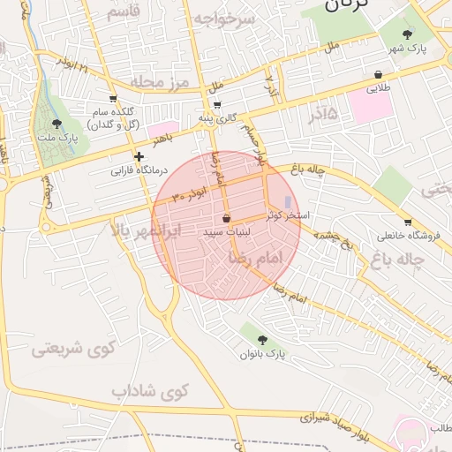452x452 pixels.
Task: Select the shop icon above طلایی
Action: click(378, 75)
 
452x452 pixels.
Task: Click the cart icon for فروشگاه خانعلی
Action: click(407, 222)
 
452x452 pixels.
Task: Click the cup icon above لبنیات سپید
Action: click(227, 217)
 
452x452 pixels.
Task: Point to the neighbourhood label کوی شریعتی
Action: click(74, 349)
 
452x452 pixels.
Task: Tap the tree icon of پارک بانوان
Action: click(262, 339)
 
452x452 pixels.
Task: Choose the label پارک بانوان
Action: click(262, 354)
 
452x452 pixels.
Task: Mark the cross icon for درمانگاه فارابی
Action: click(139, 156)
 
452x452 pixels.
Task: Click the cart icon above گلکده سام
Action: click(112, 98)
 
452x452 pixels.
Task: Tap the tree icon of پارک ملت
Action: click(57, 124)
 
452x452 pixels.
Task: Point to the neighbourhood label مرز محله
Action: click(161, 82)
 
